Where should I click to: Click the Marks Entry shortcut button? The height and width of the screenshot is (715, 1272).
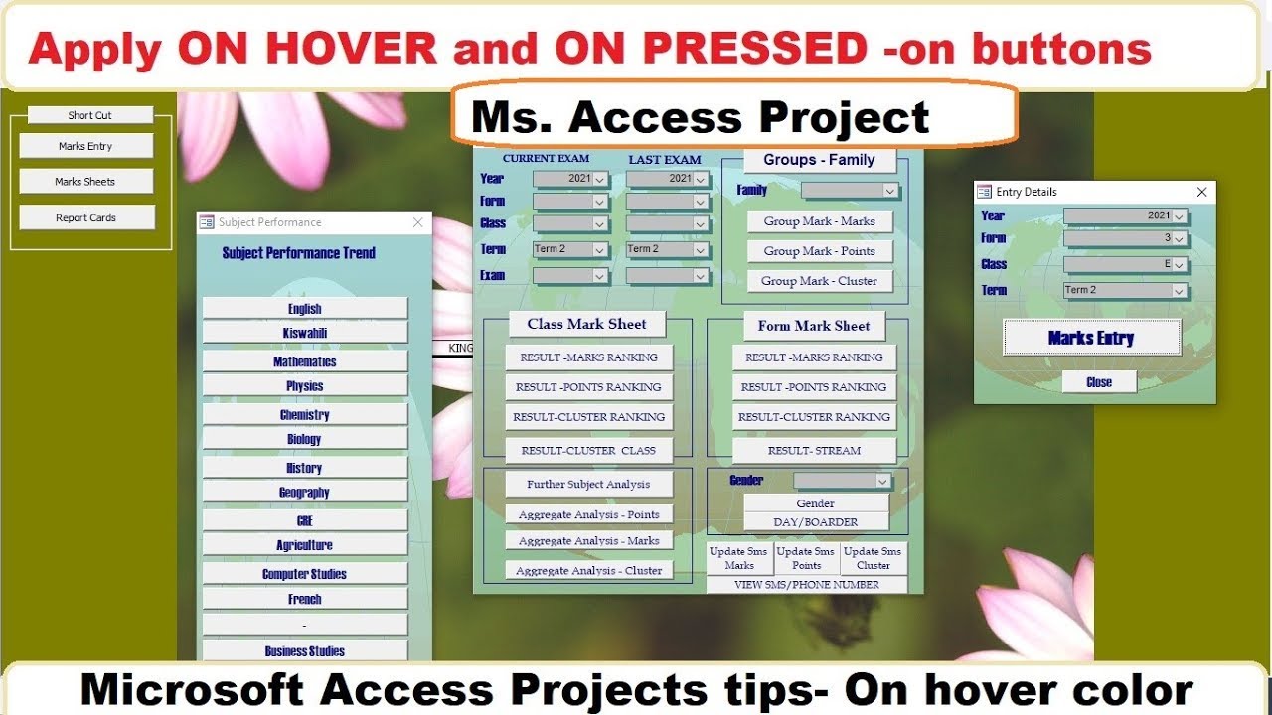[x=85, y=146]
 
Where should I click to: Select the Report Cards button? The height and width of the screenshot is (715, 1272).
[x=85, y=217]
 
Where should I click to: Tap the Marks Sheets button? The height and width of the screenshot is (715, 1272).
[x=85, y=182]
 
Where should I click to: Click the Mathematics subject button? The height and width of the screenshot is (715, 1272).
[x=305, y=361]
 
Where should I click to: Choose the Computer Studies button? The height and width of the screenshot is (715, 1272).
[x=305, y=574]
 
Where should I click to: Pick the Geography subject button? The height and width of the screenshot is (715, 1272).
[x=305, y=493]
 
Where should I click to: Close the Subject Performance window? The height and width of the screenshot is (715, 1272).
[x=418, y=223]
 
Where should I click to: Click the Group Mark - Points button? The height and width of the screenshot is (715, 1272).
[x=819, y=251]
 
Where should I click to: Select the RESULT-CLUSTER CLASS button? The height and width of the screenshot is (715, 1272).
[x=588, y=450]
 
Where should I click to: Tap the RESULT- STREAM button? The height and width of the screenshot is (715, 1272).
[x=814, y=450]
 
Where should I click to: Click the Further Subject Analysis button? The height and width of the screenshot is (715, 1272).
[x=588, y=484]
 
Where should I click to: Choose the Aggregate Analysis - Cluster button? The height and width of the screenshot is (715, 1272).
[x=588, y=570]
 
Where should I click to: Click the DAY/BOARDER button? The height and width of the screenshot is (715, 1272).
[x=816, y=522]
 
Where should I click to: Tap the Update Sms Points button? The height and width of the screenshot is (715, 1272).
[x=806, y=558]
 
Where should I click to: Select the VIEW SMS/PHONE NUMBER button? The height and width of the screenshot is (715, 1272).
[x=806, y=585]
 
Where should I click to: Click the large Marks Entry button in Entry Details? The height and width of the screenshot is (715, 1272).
[x=1091, y=338]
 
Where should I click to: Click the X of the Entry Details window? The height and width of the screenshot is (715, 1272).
[x=1201, y=192]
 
